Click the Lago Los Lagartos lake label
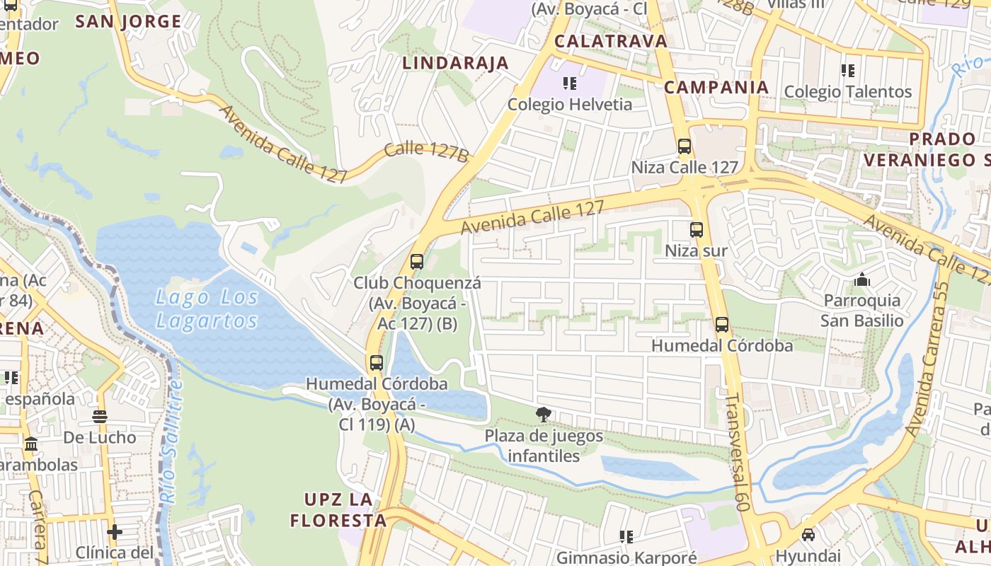206,309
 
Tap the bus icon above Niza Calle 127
684,146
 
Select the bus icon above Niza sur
697,230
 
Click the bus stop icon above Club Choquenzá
417,262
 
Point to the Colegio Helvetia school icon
570,83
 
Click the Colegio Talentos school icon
848,71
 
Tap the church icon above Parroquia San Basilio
861,280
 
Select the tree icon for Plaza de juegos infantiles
543,415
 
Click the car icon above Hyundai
808,534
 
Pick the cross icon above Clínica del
115,531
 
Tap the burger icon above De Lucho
100,417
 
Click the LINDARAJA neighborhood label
456,63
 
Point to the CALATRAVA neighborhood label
611,41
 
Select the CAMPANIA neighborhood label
716,87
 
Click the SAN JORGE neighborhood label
129,21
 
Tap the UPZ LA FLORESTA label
338,510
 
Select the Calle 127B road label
426,151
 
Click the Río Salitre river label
172,442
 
